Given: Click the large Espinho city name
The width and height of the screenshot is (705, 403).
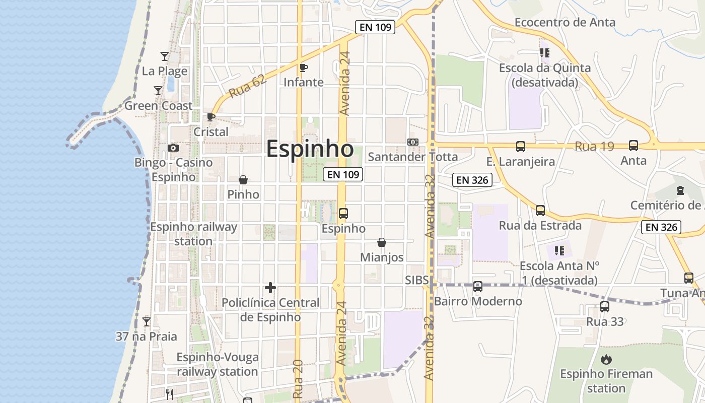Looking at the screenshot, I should pyautogui.click(x=310, y=149).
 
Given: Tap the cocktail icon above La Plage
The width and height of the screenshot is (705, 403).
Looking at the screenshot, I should pyautogui.click(x=164, y=56).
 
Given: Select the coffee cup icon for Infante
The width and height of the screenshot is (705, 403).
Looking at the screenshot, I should pyautogui.click(x=303, y=68).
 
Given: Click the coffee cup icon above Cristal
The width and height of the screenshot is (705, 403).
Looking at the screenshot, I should pyautogui.click(x=211, y=117).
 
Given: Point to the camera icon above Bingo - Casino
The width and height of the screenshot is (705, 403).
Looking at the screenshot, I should pyautogui.click(x=173, y=148).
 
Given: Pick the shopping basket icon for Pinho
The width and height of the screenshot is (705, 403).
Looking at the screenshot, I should pyautogui.click(x=243, y=180).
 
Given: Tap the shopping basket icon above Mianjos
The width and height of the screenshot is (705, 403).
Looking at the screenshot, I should pyautogui.click(x=382, y=242).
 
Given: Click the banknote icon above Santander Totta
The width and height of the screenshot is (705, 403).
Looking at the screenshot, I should pyautogui.click(x=413, y=142).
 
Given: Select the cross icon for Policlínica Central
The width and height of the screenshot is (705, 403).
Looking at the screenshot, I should pyautogui.click(x=270, y=288).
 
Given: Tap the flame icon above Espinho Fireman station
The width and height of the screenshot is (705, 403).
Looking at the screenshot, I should pyautogui.click(x=606, y=359).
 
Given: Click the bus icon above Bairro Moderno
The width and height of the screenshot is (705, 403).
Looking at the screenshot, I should pyautogui.click(x=478, y=287).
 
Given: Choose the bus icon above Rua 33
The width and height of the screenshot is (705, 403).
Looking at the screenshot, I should pyautogui.click(x=605, y=306).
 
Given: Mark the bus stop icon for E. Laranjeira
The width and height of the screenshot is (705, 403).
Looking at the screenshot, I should pyautogui.click(x=521, y=147).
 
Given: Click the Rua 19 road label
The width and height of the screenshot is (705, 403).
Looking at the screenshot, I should pyautogui.click(x=594, y=147).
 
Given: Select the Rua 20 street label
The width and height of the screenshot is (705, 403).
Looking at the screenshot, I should pyautogui.click(x=297, y=379).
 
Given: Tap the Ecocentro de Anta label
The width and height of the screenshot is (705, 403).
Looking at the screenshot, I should pyautogui.click(x=565, y=22).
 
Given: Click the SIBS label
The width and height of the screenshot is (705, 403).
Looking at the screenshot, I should pyautogui.click(x=416, y=280).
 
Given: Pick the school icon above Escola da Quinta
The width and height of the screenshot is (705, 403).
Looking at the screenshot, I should pyautogui.click(x=544, y=52).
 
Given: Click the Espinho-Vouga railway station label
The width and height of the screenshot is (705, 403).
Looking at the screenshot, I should pyautogui.click(x=218, y=364).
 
